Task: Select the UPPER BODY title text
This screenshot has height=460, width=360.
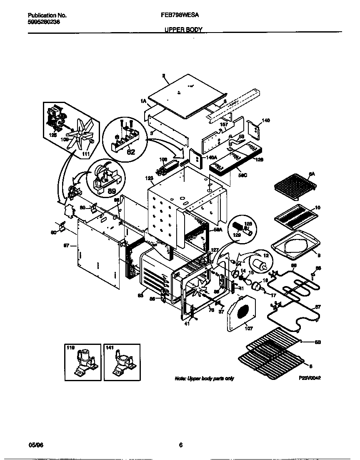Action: [183, 30]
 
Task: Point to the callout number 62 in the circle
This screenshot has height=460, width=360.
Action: [130, 152]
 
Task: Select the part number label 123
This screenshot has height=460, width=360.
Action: [149, 178]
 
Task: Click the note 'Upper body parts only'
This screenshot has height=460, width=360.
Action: [204, 378]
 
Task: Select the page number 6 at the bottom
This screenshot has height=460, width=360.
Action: [180, 445]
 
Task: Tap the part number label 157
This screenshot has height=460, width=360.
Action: [224, 124]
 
